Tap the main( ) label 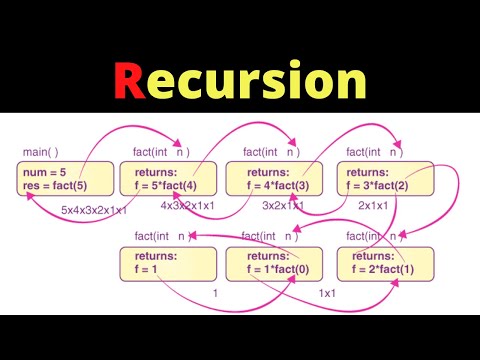coord(39,153)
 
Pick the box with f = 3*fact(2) coord(390,180)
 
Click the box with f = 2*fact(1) coord(390,263)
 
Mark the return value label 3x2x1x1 coord(284,206)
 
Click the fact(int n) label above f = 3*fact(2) coord(373,153)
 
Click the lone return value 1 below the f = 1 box coord(216,294)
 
